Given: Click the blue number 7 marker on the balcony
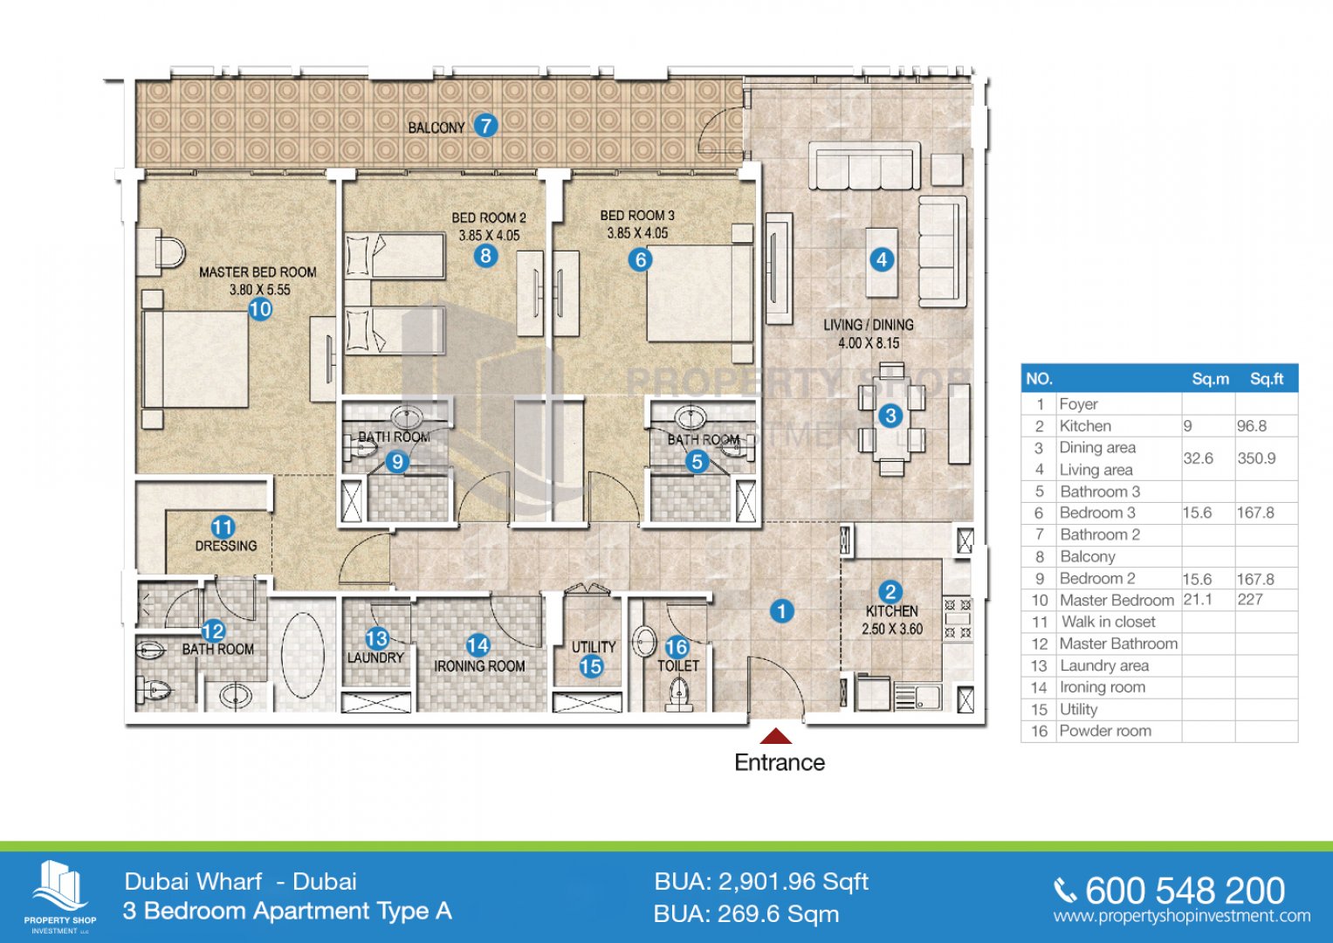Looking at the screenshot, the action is click(485, 126).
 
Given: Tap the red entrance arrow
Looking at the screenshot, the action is click(775, 736).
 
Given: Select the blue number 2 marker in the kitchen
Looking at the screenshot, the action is click(890, 592).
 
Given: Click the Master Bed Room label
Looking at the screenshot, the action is click(258, 272).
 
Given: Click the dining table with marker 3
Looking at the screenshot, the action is click(890, 416).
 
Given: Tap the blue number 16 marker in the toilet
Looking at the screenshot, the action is click(677, 646).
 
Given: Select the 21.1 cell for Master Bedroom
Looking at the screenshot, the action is click(1198, 600).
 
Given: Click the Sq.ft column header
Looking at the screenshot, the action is click(1267, 379).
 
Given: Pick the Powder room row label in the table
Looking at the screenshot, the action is click(1105, 731).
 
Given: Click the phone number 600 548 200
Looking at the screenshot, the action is click(1185, 891).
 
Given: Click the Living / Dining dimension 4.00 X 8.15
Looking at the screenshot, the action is click(869, 343).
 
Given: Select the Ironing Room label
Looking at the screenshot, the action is click(479, 666).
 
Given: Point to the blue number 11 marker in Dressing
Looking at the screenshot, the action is click(223, 527).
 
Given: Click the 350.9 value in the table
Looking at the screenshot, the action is click(1256, 458).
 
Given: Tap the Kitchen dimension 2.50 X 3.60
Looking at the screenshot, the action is click(892, 629).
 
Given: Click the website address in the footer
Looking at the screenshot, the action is click(1182, 916).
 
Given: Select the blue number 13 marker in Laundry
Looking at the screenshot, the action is click(377, 639).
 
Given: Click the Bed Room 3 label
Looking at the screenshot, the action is click(637, 216).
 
